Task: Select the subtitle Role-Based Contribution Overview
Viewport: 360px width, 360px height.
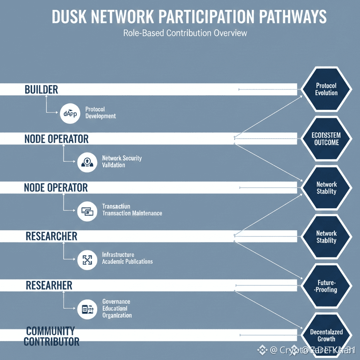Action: (185, 33)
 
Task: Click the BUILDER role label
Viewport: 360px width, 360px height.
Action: (41, 90)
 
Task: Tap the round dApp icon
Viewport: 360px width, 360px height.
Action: (70, 113)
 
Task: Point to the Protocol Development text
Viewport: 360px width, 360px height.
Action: (100, 113)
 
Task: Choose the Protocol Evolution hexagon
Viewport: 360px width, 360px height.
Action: (326, 89)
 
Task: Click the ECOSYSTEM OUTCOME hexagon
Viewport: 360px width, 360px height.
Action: (326, 139)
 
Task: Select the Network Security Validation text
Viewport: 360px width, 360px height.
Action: (122, 161)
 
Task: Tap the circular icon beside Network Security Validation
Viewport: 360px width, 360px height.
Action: (87, 162)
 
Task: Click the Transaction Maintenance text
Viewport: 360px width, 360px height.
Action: (132, 213)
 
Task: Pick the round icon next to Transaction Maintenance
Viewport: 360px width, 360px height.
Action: (87, 211)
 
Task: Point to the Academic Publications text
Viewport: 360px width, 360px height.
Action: (127, 262)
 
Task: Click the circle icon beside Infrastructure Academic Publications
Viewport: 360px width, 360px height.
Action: (87, 260)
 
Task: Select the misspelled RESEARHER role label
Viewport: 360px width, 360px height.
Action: (49, 286)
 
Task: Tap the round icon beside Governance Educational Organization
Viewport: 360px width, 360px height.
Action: (87, 309)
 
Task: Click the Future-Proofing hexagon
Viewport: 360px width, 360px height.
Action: (326, 286)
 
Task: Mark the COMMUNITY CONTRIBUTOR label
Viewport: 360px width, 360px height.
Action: (51, 336)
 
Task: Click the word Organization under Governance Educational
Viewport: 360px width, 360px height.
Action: (117, 315)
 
